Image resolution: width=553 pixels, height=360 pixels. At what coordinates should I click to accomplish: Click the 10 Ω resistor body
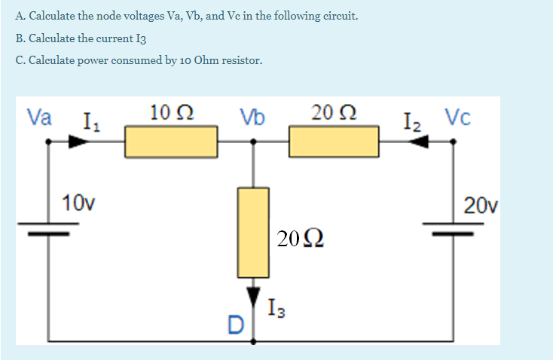click(x=171, y=142)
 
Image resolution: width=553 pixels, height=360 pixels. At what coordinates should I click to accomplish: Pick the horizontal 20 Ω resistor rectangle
click(x=333, y=142)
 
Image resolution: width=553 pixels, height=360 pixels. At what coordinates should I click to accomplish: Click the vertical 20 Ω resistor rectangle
click(x=253, y=232)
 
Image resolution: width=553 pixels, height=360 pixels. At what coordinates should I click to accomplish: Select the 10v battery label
click(x=78, y=202)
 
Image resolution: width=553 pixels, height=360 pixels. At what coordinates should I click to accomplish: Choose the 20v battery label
click(x=481, y=204)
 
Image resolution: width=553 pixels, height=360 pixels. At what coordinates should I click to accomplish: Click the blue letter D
click(x=235, y=325)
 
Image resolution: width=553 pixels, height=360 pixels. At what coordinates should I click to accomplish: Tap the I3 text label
click(x=276, y=308)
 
